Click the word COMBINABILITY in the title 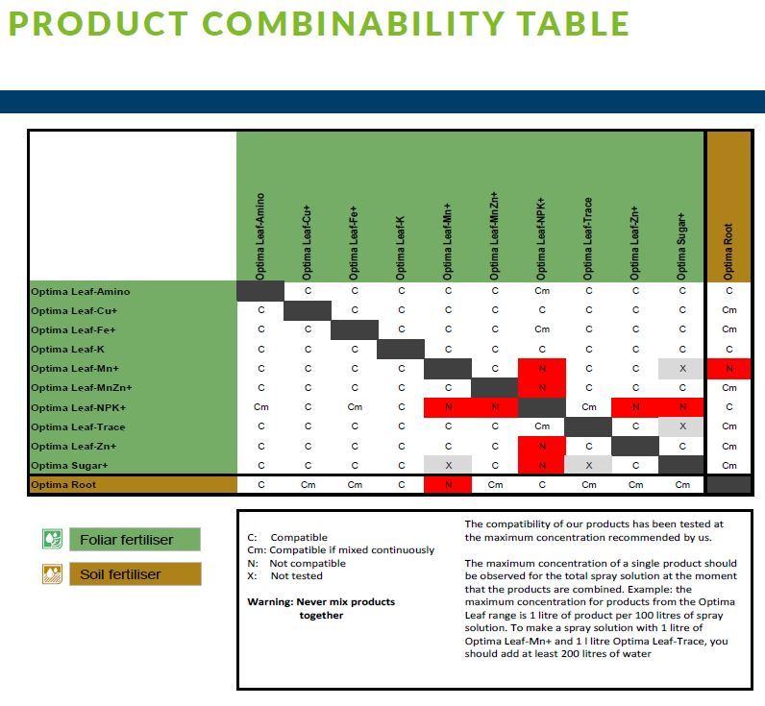[353, 23]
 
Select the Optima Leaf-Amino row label [81, 292]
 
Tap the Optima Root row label [63, 485]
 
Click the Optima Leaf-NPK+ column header [541, 239]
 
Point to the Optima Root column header [728, 252]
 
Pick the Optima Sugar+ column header [681, 246]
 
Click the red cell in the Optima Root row [448, 485]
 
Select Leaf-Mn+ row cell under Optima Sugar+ [682, 369]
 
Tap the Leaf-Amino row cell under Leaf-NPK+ [542, 291]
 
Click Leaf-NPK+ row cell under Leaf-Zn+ [635, 407]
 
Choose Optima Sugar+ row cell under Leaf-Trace [589, 465]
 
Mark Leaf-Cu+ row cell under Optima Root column [729, 310]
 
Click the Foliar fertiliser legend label [126, 540]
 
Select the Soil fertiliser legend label [120, 574]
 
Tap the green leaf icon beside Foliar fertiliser [52, 539]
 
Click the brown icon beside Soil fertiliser [52, 573]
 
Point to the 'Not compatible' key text [308, 563]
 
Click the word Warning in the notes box [270, 601]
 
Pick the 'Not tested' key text [297, 575]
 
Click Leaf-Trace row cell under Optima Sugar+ [682, 426]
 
